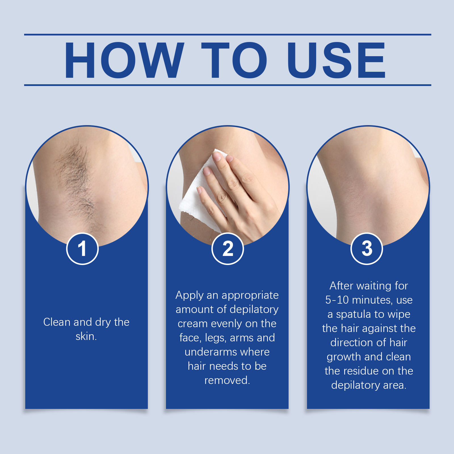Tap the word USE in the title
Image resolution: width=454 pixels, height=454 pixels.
click(x=336, y=60)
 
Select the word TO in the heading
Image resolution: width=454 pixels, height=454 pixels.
click(x=234, y=60)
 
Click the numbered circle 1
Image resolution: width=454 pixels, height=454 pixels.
click(x=82, y=249)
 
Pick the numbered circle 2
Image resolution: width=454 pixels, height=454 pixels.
click(x=228, y=249)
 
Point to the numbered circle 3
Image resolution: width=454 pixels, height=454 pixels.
click(x=367, y=249)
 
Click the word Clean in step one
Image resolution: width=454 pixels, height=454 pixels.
click(x=57, y=322)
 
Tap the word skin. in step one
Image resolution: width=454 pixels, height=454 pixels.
click(x=86, y=336)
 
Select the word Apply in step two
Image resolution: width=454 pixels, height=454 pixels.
click(x=190, y=295)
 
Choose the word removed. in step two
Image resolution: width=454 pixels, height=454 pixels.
click(x=227, y=380)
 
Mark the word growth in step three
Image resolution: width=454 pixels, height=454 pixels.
click(x=344, y=357)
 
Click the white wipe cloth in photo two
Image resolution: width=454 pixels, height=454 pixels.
click(x=199, y=193)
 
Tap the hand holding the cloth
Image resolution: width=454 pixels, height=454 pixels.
click(x=238, y=193)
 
